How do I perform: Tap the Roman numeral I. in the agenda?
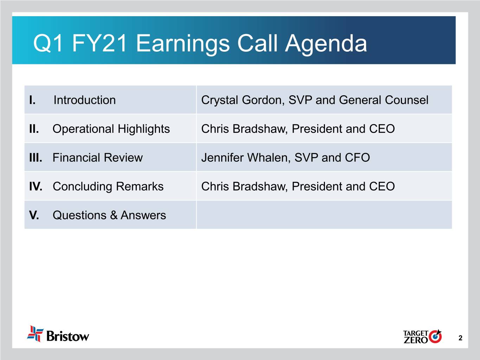[32, 100]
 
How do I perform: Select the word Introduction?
[84, 100]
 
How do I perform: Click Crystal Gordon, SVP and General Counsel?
[315, 100]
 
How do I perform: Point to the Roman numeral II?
[34, 129]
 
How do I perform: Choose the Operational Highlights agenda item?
[111, 129]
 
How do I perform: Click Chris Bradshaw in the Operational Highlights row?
[244, 129]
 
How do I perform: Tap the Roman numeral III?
[36, 157]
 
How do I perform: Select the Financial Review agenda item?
[97, 157]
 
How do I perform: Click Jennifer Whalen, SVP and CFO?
[286, 157]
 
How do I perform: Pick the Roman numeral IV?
[36, 186]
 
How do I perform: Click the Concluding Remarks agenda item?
[108, 187]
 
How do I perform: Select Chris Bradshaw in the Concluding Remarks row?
[244, 186]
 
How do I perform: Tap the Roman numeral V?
[34, 215]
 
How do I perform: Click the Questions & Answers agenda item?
[109, 215]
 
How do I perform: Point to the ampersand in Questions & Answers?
[114, 215]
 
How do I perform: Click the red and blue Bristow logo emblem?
[35, 334]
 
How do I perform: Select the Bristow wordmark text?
[68, 336]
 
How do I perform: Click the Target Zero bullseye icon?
[435, 336]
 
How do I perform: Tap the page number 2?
[460, 338]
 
